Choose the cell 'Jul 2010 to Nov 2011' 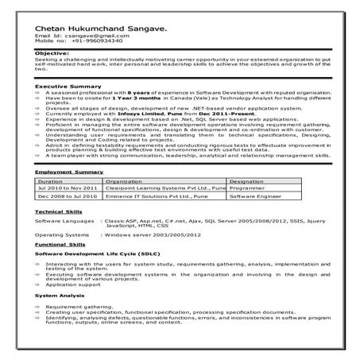[x=63, y=188]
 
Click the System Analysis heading [x=57, y=295]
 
